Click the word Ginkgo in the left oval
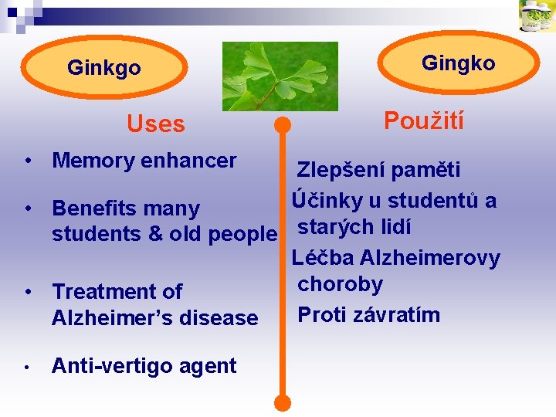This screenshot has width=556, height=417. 104,69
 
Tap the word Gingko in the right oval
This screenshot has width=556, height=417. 459,63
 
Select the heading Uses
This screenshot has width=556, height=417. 156,124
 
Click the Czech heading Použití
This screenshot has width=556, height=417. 424,121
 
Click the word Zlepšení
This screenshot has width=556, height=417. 341,171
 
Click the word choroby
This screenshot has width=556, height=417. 341,285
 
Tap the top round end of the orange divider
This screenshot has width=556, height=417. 283,125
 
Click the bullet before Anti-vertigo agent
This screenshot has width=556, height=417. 28,367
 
